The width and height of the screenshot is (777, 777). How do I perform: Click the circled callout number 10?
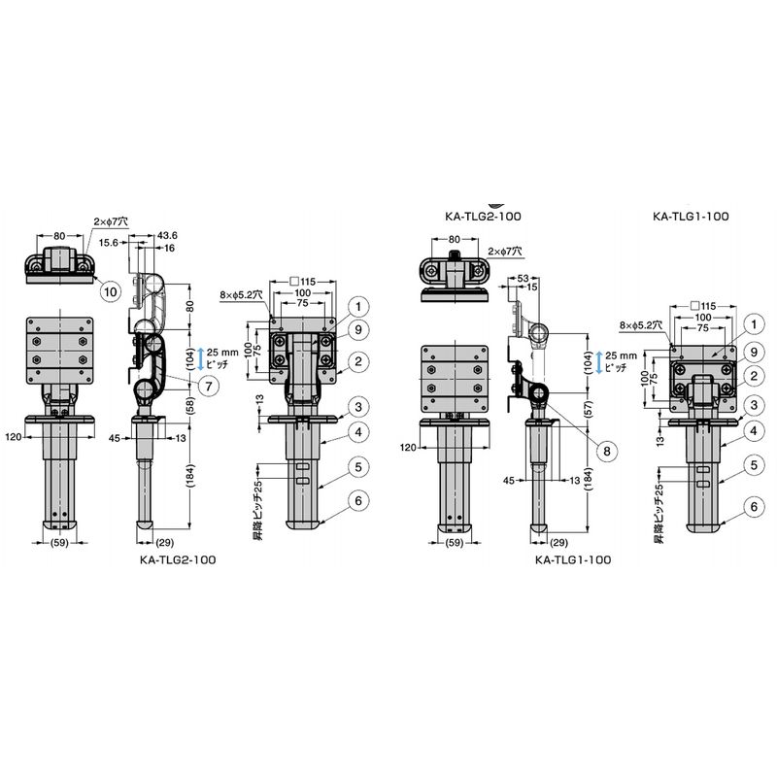pyautogui.click(x=110, y=290)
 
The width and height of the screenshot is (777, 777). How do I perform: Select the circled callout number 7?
pyautogui.click(x=209, y=386)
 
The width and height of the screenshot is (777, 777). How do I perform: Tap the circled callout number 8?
pyautogui.click(x=607, y=451)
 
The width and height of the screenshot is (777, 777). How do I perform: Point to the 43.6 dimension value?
pyautogui.click(x=167, y=235)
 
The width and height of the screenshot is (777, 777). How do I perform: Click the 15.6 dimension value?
pyautogui.click(x=108, y=242)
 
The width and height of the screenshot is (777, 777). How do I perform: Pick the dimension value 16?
pyautogui.click(x=169, y=248)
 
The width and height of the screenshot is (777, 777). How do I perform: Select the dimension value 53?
pyautogui.click(x=524, y=279)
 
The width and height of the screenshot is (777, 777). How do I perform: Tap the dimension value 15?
pyautogui.click(x=531, y=287)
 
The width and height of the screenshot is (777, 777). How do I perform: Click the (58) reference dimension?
pyautogui.click(x=190, y=405)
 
